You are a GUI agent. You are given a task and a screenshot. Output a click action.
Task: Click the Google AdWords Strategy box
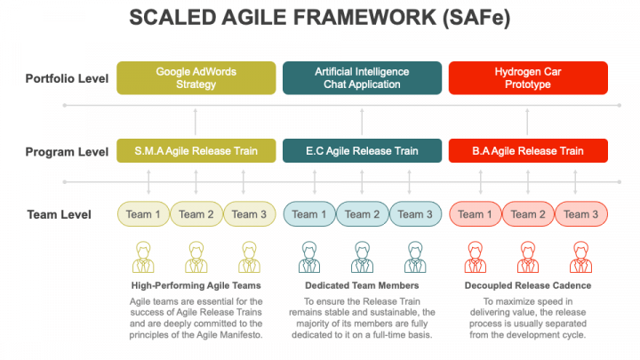coord(196,78)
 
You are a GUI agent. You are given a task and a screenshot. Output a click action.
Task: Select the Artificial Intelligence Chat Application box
coord(362,78)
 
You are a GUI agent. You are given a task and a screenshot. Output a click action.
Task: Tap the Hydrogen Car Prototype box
coord(528,78)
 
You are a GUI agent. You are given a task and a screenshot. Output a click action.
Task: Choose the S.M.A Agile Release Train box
coord(196,150)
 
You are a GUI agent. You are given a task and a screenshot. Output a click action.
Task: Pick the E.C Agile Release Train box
coord(362,150)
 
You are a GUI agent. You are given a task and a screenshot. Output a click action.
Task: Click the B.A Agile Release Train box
coord(528,150)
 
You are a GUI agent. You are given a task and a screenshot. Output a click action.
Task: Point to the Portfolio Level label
coord(67,78)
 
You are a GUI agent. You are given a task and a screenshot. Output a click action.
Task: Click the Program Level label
coord(67,152)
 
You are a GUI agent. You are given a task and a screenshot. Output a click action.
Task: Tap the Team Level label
coord(60,214)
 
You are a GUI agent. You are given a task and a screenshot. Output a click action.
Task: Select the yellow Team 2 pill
coord(196,214)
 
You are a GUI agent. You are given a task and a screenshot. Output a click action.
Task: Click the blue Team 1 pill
coord(309,214)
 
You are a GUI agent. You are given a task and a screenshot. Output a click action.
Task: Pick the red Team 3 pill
coord(581,214)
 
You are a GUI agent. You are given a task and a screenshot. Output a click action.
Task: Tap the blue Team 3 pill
coord(415,214)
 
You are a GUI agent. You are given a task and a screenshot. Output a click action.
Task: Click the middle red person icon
coord(528,257)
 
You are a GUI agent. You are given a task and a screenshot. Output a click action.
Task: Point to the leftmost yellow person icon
coord(143,257)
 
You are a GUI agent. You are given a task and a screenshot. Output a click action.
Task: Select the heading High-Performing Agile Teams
coord(196,285)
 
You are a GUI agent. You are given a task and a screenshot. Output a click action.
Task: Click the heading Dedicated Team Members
coord(362,285)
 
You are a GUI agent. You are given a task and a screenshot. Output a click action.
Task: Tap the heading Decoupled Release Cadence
coord(528,285)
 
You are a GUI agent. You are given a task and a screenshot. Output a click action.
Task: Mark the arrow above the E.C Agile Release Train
coord(362,122)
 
